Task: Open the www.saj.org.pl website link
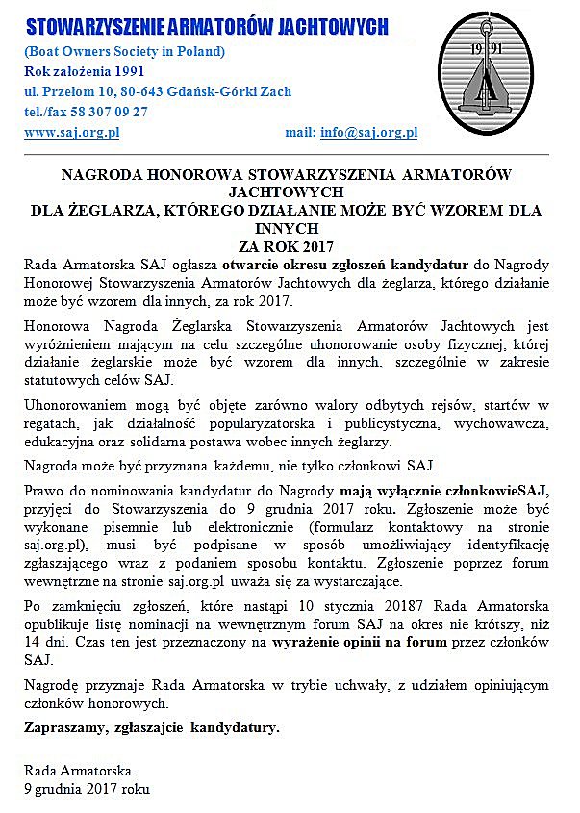pyautogui.click(x=71, y=132)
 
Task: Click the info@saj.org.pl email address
pyautogui.click(x=368, y=132)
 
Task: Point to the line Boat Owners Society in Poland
pyautogui.click(x=125, y=51)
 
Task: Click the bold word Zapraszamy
pyautogui.click(x=63, y=727)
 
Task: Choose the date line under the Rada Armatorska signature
pyautogui.click(x=87, y=788)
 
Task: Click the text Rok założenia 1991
pyautogui.click(x=86, y=71)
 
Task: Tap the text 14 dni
pyautogui.click(x=44, y=643)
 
